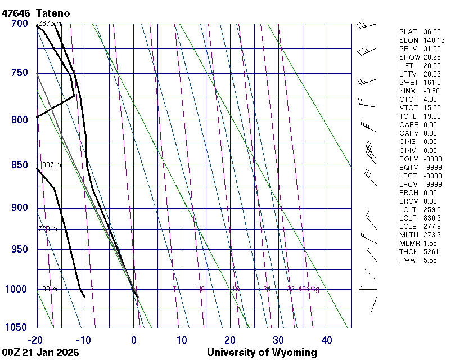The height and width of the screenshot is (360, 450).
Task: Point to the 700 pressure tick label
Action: [20, 24]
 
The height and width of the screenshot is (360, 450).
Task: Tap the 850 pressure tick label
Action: [20, 165]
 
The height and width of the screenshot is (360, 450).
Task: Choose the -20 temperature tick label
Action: [36, 340]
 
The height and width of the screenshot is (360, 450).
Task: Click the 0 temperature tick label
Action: [134, 340]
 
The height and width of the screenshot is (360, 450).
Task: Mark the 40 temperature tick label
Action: [327, 340]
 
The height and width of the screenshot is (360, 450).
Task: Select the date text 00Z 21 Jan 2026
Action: [40, 353]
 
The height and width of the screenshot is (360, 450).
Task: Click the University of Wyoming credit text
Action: [262, 353]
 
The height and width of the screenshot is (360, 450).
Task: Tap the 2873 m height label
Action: [49, 24]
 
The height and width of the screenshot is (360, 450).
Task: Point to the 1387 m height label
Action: [49, 165]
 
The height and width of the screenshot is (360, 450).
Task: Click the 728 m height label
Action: [47, 229]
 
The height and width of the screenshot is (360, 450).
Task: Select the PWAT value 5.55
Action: [431, 260]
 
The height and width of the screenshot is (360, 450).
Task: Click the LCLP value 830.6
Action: [433, 218]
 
